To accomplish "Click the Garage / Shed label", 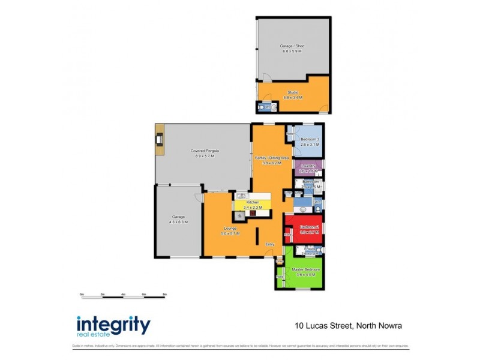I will pyautogui.click(x=292, y=46).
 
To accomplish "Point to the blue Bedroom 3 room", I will pyautogui.click(x=309, y=140).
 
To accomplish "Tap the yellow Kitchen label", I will pyautogui.click(x=253, y=203).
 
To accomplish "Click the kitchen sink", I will pyautogui.click(x=241, y=195).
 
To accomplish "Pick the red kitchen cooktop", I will pyautogui.click(x=253, y=212).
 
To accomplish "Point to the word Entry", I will pyautogui.click(x=270, y=244).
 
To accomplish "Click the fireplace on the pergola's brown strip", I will pyautogui.click(x=159, y=140).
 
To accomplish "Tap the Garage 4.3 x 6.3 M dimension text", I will pyautogui.click(x=178, y=221).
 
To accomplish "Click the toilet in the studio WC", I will pyautogui.click(x=262, y=108).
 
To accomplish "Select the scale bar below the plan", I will pyautogui.click(x=123, y=295).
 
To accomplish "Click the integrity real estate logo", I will pyautogui.click(x=113, y=326).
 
